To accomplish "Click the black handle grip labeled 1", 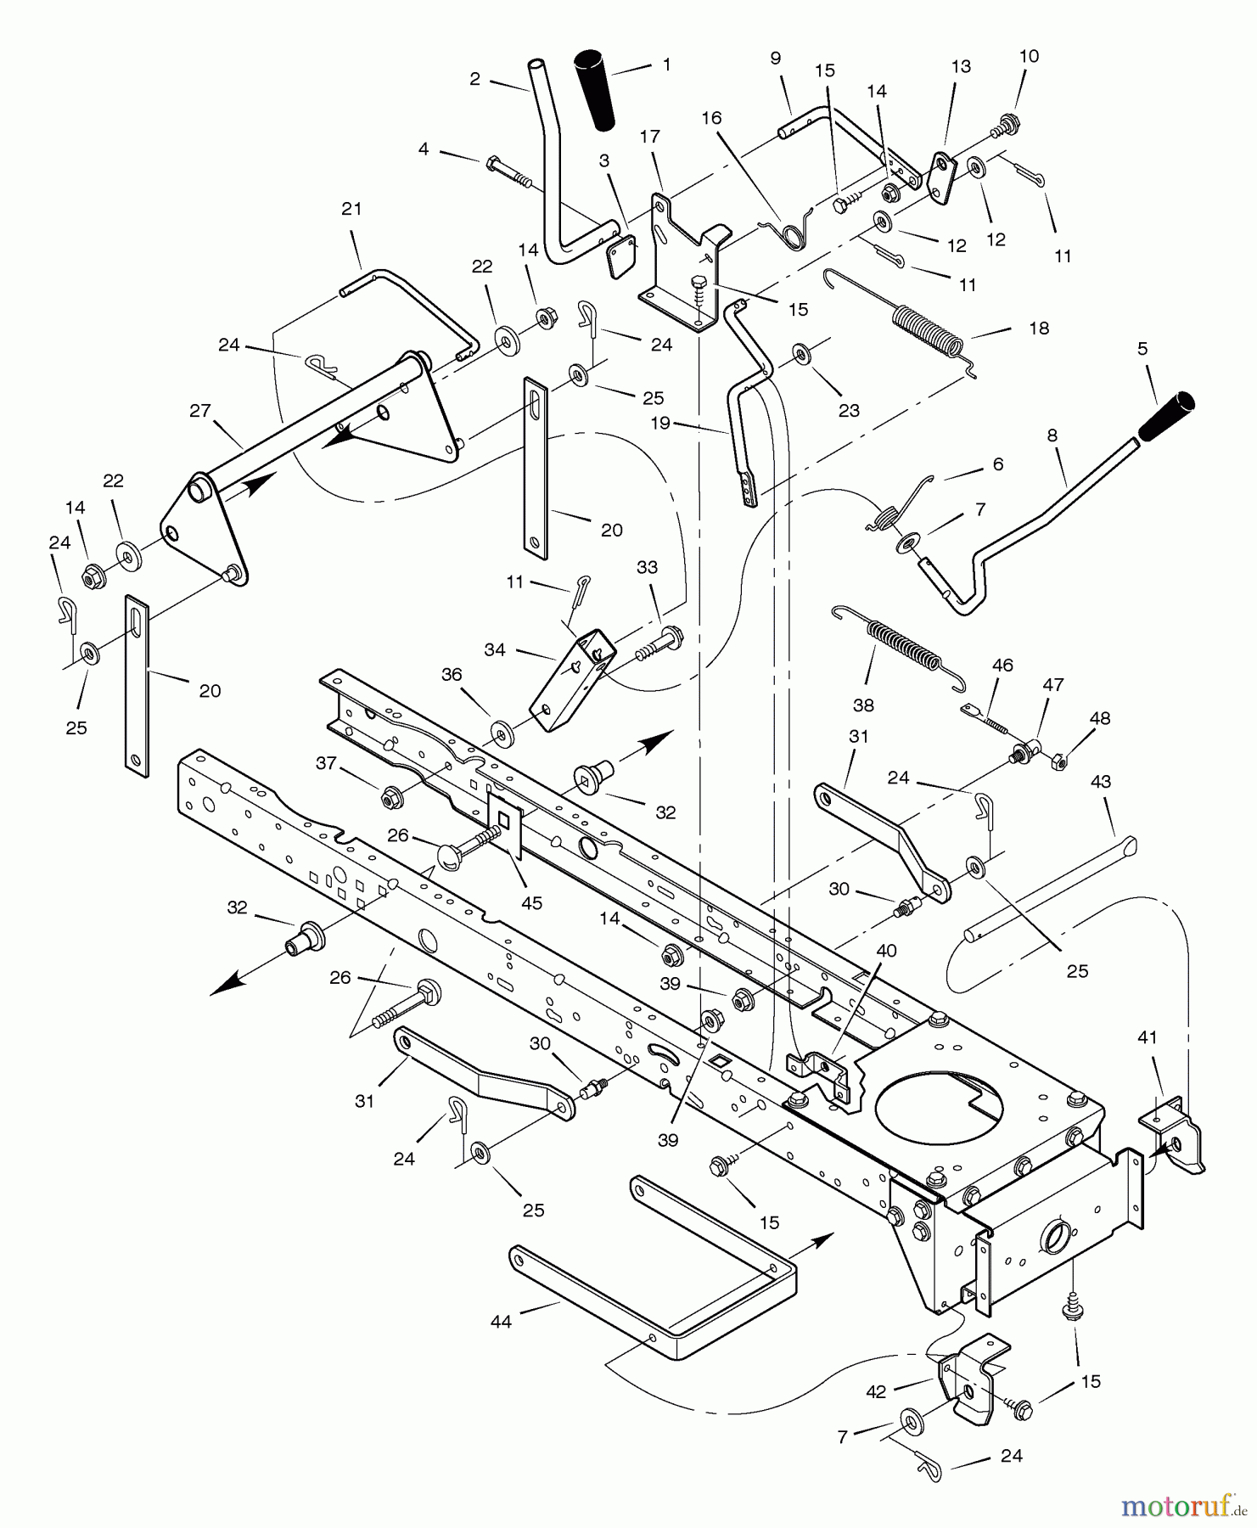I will coord(598,92).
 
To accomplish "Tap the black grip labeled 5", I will coord(1166,416).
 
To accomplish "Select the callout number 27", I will coord(199,411).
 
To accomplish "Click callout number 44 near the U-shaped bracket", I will coord(501,1322).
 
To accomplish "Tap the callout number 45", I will coord(531,902).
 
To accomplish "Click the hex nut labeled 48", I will coord(1059,761).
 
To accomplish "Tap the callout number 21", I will coord(351,209).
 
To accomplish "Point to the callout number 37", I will coord(326,764).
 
